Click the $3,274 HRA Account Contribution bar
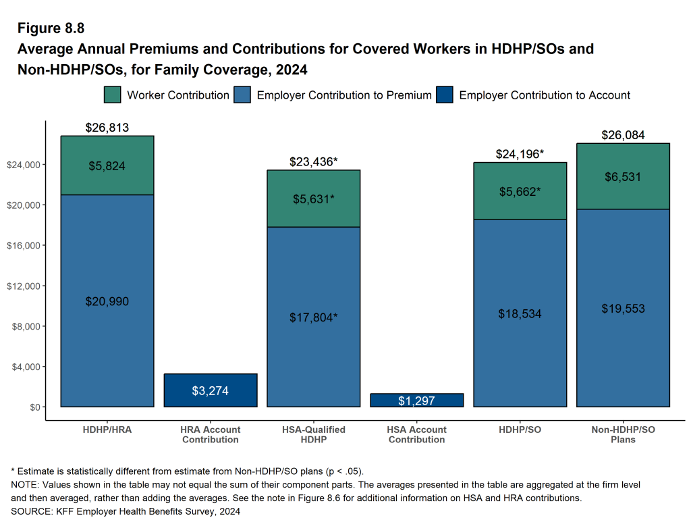[x=211, y=390]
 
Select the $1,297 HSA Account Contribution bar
[x=417, y=400]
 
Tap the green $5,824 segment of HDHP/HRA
[x=107, y=165]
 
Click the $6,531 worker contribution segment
[x=623, y=177]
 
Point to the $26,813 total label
[x=107, y=128]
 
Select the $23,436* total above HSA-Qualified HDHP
[x=314, y=161]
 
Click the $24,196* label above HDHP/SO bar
[x=520, y=154]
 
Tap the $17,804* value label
[x=314, y=317]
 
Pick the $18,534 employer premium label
[x=520, y=314]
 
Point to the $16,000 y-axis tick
[x=23, y=245]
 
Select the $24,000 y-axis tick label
[x=23, y=164]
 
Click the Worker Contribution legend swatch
[x=113, y=95]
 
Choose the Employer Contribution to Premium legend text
[x=344, y=95]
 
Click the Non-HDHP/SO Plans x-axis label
[x=623, y=434]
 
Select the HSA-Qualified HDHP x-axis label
[x=314, y=434]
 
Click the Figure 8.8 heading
[x=51, y=28]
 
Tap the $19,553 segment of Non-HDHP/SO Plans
[x=623, y=309]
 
